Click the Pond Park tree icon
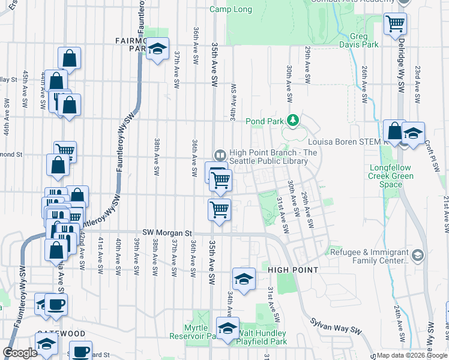click(293, 121)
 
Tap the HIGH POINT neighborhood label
click(292, 270)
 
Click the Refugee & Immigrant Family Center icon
click(418, 256)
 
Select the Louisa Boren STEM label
click(345, 142)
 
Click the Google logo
click(20, 353)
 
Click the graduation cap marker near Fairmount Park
click(157, 49)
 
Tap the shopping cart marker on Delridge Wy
click(396, 24)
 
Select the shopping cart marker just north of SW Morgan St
click(220, 210)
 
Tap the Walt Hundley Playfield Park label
click(262, 337)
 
